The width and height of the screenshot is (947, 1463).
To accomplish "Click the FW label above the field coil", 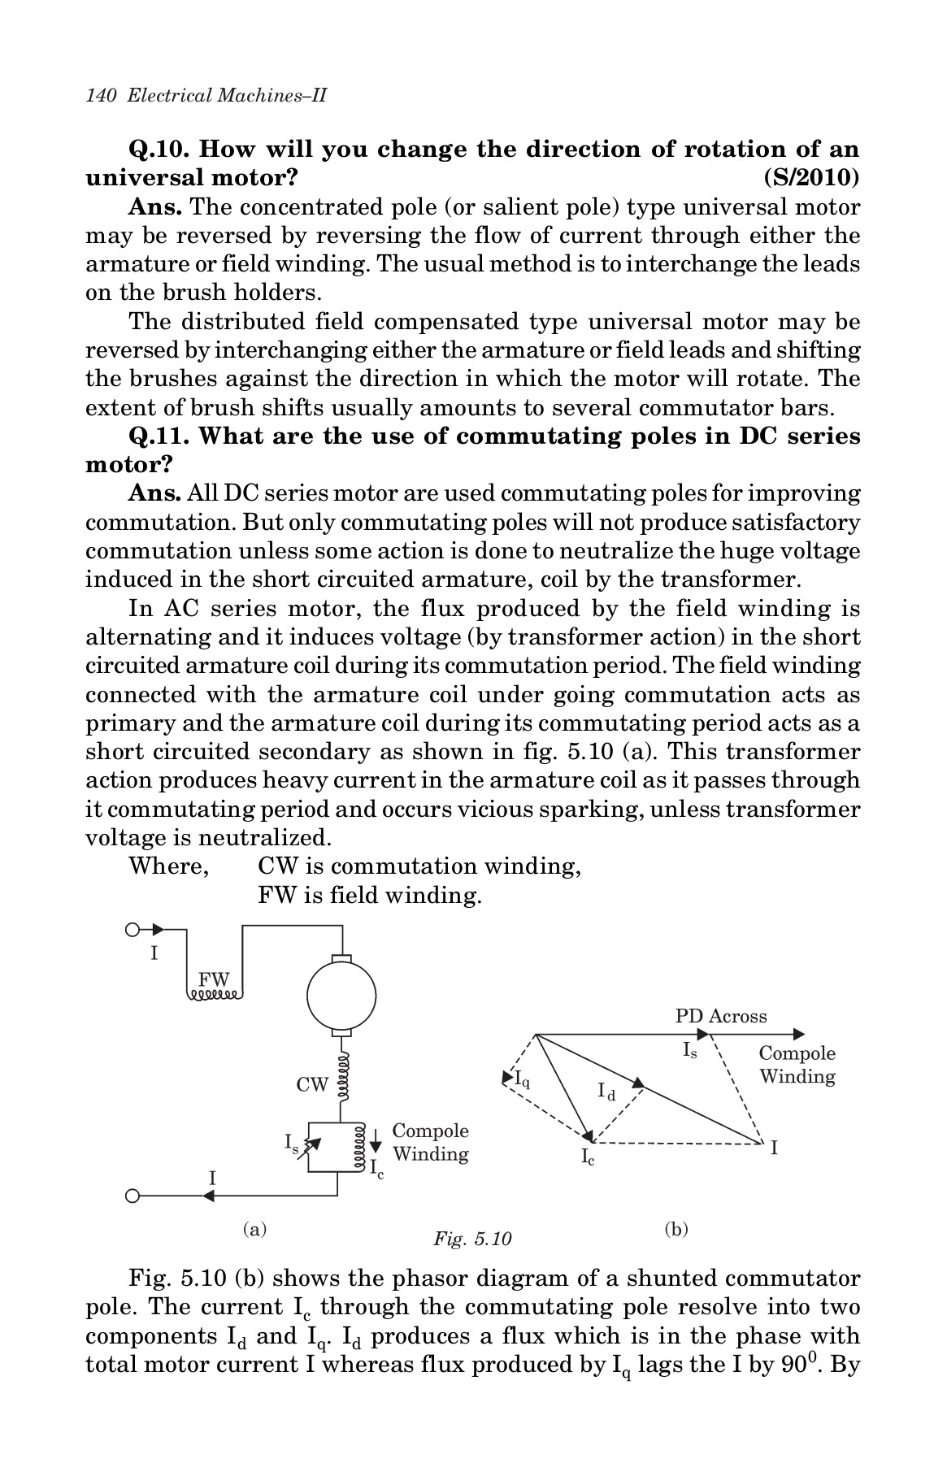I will click(x=215, y=979).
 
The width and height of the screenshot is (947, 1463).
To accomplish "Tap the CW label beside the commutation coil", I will click(x=312, y=1084).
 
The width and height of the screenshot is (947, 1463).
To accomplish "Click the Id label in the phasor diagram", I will click(x=606, y=1092).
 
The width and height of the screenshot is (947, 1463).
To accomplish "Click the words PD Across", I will click(x=721, y=1016).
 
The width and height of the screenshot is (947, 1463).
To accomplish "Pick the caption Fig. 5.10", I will click(x=472, y=1239).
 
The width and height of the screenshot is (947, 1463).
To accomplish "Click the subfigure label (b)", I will click(x=675, y=1228).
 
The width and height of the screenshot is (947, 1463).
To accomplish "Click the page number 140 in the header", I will click(x=98, y=95).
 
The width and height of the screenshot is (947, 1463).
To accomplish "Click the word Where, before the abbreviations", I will click(x=169, y=866).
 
